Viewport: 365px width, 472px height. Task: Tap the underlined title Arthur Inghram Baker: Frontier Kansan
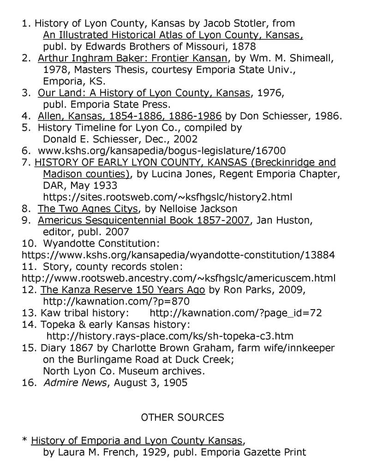(133, 59)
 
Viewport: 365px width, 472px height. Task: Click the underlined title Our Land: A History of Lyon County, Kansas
(144, 94)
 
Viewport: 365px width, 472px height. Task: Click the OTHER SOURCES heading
(182, 418)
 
